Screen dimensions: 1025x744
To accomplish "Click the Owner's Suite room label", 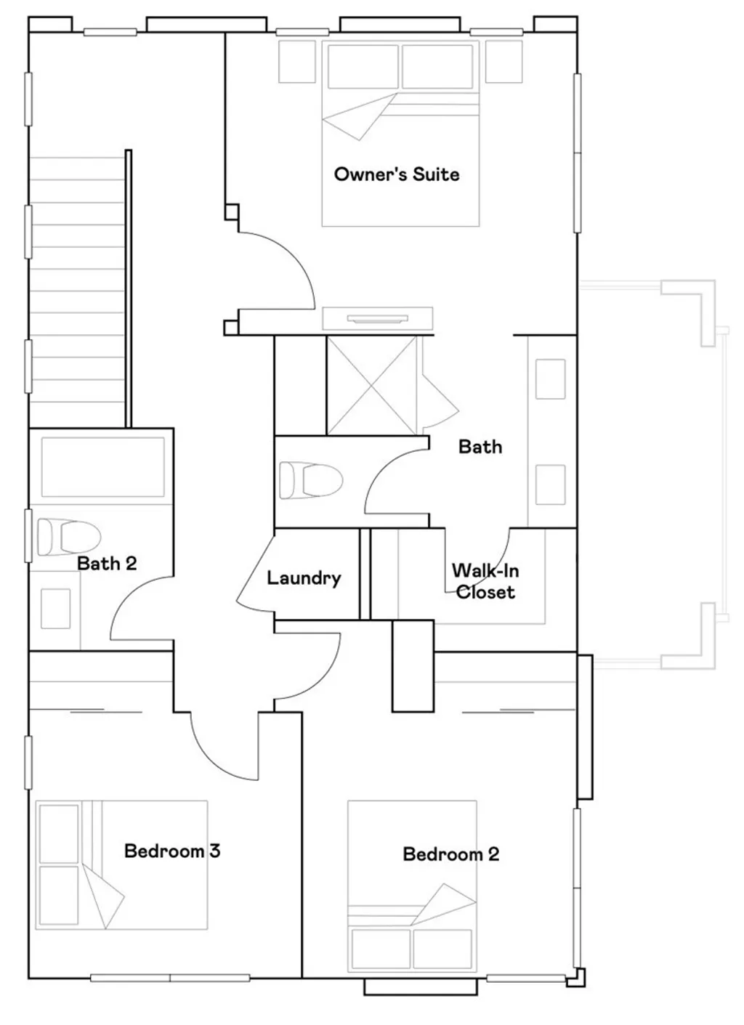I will tap(397, 174).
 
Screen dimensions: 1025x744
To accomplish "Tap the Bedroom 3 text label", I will tap(171, 851).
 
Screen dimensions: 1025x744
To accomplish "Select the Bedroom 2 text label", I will tap(450, 854).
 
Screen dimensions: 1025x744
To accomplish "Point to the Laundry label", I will tap(304, 578).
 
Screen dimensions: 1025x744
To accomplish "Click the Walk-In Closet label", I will tap(485, 581).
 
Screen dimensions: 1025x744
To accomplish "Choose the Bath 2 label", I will tap(107, 563).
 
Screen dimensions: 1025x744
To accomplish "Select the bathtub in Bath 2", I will tap(102, 467).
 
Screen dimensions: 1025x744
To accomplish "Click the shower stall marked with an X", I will tap(371, 386).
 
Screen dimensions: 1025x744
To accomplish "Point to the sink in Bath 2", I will tap(55, 609).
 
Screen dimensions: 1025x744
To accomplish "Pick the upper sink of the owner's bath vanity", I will tap(550, 378).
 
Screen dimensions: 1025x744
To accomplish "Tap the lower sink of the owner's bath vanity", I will tap(550, 485).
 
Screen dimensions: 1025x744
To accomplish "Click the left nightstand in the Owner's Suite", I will tap(296, 62).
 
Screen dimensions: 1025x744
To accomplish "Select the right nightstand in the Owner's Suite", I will tap(504, 62).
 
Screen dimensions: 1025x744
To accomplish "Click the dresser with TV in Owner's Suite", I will tap(377, 317).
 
